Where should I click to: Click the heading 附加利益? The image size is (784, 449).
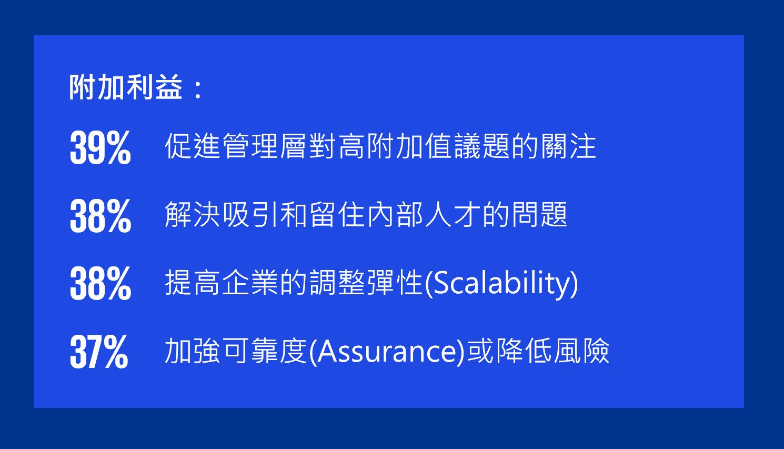126,87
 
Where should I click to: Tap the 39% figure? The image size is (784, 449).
100,147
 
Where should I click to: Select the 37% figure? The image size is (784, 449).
99,351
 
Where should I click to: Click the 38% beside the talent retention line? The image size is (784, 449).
100,215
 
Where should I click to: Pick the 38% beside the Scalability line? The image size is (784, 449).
100,283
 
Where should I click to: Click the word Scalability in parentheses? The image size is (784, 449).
501,283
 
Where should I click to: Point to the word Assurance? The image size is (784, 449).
387,351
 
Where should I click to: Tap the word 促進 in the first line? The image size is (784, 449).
193,146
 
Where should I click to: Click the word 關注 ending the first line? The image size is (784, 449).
568,146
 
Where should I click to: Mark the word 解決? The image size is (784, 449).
193,214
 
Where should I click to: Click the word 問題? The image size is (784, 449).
539,214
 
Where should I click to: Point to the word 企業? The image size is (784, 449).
250,282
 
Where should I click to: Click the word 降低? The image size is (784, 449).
524,351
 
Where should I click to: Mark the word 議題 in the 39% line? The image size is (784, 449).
481,146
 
